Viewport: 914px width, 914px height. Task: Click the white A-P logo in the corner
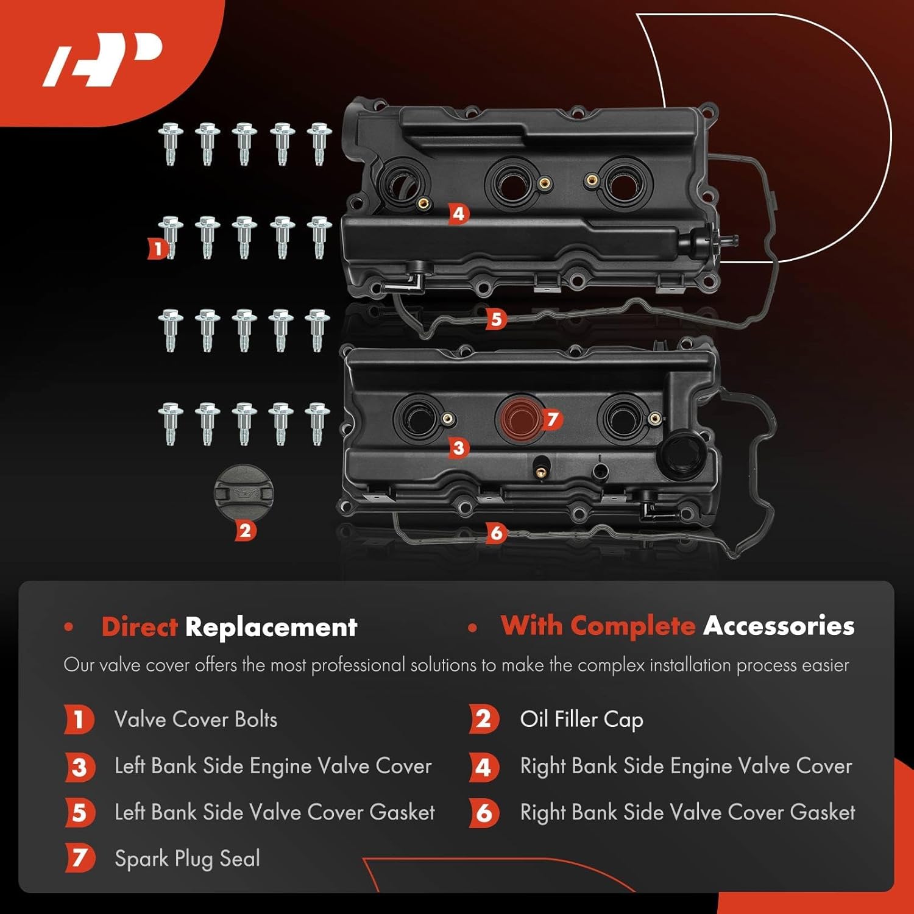click(x=102, y=59)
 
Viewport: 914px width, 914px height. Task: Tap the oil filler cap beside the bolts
click(x=244, y=493)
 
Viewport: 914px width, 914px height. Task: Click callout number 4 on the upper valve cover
click(x=459, y=213)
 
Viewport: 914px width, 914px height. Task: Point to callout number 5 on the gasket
click(x=496, y=319)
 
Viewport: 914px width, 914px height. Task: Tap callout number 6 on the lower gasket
click(x=496, y=533)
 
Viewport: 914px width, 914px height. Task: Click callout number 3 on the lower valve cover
click(x=459, y=448)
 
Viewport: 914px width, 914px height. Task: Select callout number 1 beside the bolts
click(x=158, y=248)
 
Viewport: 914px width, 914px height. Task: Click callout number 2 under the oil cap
click(x=245, y=531)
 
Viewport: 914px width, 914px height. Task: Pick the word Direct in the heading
click(x=140, y=627)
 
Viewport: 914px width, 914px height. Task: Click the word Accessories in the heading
click(x=778, y=626)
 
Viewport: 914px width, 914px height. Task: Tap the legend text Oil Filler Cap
click(x=581, y=720)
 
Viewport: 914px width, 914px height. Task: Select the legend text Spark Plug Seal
click(x=187, y=859)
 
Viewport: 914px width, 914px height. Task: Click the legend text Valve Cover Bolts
click(x=196, y=720)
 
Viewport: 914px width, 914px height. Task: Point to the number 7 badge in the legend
click(x=80, y=859)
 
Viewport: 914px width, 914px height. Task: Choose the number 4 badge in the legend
click(x=484, y=767)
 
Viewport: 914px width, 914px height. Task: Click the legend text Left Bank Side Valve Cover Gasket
click(x=274, y=812)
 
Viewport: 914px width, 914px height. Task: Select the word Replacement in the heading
click(x=271, y=627)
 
